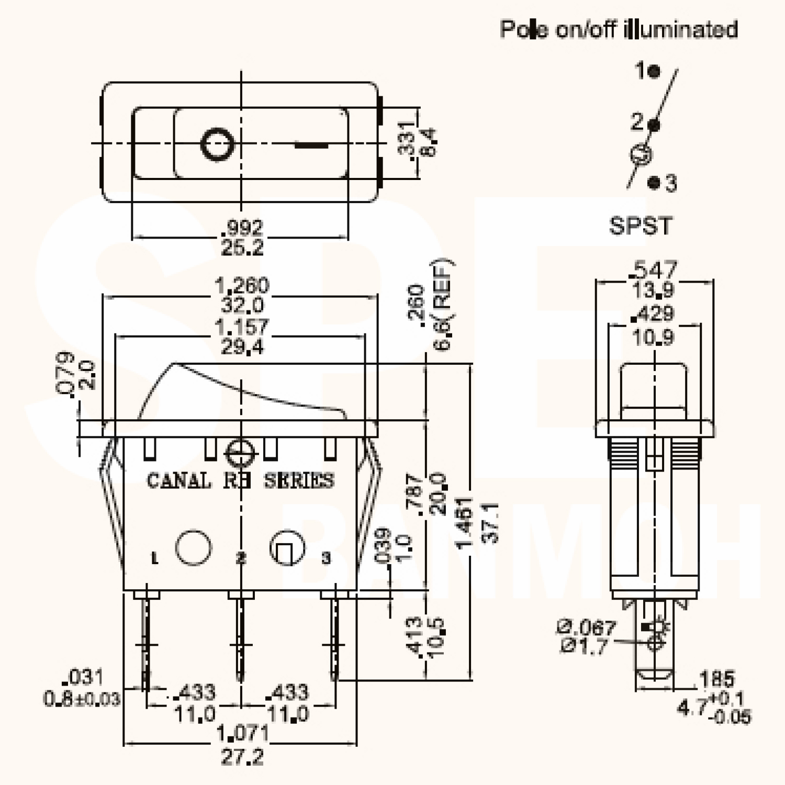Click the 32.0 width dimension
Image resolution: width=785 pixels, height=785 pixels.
click(242, 305)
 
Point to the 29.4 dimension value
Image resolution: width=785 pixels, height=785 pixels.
click(242, 346)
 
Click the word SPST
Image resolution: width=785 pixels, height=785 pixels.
click(640, 226)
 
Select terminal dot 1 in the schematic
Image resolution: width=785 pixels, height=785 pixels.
click(654, 71)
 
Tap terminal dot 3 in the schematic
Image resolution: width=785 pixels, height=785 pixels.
click(654, 183)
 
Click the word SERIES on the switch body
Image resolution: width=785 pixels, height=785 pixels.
click(298, 480)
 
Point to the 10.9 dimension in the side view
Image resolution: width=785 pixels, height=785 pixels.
click(654, 338)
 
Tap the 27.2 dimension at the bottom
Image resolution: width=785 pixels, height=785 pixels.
click(242, 757)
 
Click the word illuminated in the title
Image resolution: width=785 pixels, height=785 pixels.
click(680, 29)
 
